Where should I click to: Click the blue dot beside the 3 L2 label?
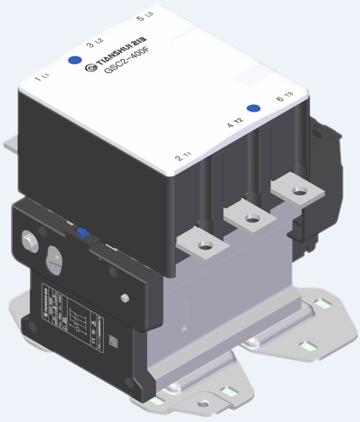point(75,60)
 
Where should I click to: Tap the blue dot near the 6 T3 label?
point(253,108)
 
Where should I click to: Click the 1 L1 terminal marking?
point(41,77)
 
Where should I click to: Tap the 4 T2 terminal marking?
point(235,123)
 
